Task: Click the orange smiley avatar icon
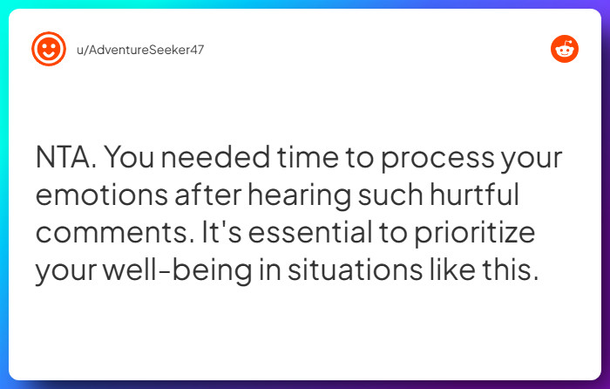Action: pos(49,49)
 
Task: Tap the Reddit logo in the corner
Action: pos(565,49)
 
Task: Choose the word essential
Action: pos(308,235)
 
